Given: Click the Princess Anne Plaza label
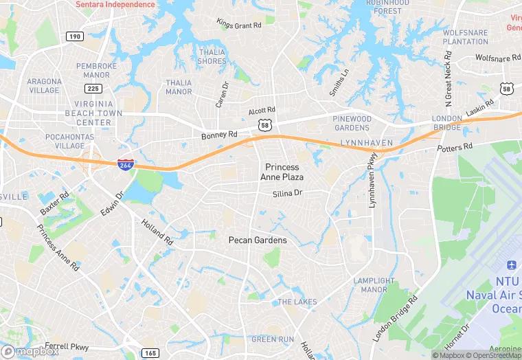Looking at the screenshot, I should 282,172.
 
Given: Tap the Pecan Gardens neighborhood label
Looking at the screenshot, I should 258,240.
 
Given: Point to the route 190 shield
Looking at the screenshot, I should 74,36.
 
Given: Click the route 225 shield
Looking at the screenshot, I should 93,88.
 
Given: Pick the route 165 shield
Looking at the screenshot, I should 150,352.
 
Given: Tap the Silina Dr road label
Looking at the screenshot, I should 287,194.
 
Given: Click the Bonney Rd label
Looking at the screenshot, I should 219,135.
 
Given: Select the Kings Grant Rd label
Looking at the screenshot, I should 239,25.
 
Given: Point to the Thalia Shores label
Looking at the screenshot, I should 212,56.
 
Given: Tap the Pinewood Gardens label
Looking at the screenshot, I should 352,124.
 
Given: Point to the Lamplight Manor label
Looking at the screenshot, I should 374,285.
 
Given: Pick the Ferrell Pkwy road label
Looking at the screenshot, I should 67,346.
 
